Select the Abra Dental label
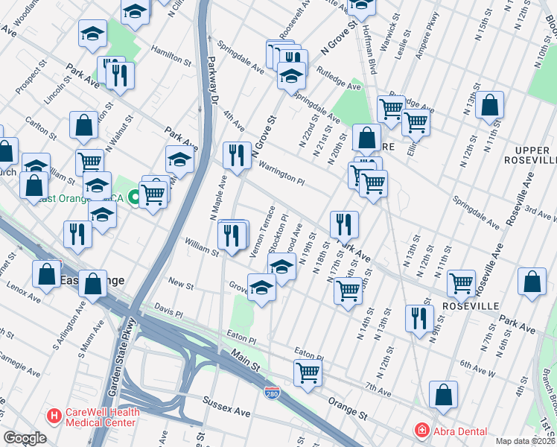(x=457, y=431)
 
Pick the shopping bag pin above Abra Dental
(x=443, y=397)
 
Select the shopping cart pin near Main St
(x=307, y=372)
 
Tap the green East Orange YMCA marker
(x=133, y=197)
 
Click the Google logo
(x=25, y=438)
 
